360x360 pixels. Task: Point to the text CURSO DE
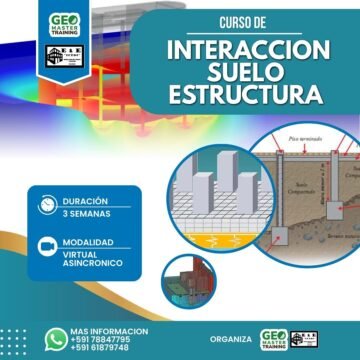click(245, 22)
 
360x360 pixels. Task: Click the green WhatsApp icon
click(55, 337)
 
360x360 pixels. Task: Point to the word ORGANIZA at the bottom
click(231, 338)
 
